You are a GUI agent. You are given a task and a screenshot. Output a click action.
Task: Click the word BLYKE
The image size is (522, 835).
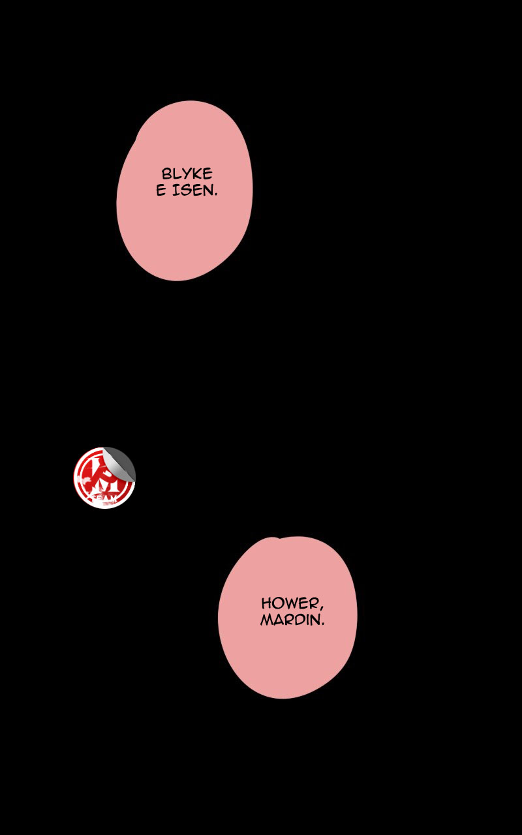point(187,174)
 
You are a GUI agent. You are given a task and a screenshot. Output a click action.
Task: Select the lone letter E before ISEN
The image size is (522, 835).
point(161,191)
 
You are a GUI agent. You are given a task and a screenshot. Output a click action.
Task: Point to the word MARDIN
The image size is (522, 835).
point(290,620)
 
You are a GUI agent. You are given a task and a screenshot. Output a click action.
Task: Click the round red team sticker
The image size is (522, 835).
point(104,478)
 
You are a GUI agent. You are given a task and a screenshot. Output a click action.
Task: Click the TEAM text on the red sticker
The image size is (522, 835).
point(104,499)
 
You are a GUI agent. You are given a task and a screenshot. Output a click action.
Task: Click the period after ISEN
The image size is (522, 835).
point(215,196)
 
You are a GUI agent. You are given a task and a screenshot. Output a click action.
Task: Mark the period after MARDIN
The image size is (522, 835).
point(322,624)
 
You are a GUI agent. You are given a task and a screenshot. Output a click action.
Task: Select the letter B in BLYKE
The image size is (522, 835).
point(166,174)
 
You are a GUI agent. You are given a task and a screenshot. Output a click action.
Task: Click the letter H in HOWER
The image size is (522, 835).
point(267,603)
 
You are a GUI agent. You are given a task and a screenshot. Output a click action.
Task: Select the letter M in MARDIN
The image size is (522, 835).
point(267,620)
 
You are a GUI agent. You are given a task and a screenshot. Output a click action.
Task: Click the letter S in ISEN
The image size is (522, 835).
point(185,191)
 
